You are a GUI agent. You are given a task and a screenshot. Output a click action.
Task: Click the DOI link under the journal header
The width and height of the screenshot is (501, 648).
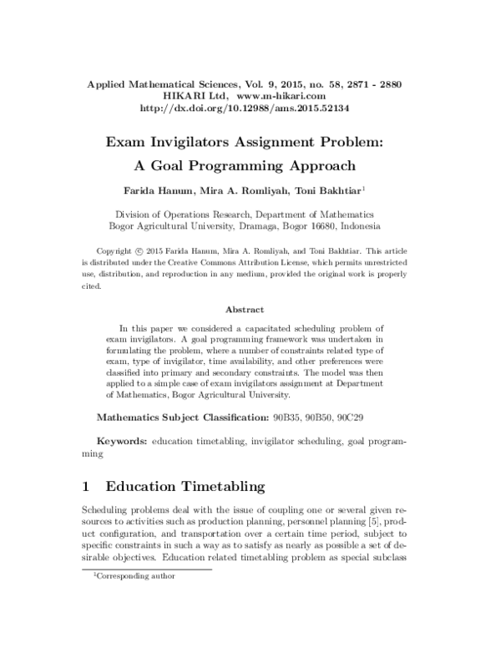250,108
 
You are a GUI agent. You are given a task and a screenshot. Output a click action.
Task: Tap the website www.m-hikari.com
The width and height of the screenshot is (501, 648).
296,96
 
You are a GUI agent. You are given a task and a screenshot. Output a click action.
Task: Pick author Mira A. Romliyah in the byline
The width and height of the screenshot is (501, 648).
245,190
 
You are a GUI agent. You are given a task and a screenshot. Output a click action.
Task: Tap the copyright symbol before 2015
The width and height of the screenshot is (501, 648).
137,251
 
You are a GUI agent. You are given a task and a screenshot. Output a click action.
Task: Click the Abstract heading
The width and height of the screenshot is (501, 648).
250,309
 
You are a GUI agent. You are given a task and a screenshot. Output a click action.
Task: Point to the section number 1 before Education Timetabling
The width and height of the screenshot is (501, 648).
86,485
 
